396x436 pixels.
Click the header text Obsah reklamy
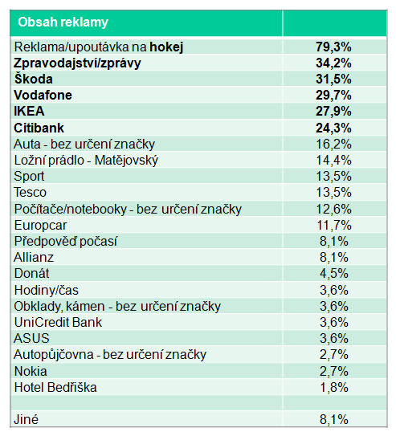[x=63, y=22]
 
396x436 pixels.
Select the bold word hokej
[x=166, y=47]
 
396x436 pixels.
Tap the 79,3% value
[x=333, y=47]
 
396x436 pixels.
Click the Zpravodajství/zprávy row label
[x=77, y=63]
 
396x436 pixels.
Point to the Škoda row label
[x=34, y=79]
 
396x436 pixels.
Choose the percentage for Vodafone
[x=333, y=95]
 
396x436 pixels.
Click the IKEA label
[x=29, y=112]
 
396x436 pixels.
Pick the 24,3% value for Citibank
[x=333, y=128]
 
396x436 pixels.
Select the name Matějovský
[x=126, y=161]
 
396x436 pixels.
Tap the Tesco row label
[x=30, y=193]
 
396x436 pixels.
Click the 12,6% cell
[x=333, y=209]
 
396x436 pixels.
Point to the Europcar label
[x=40, y=226]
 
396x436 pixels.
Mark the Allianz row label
[x=34, y=257]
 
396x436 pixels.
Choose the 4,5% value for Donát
[x=333, y=273]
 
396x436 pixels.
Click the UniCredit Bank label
[x=58, y=322]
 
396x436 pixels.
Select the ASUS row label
[x=31, y=338]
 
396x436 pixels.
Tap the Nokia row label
[x=31, y=371]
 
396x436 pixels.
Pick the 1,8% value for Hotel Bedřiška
[x=333, y=387]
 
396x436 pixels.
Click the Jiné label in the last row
[x=27, y=419]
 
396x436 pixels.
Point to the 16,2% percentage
[x=333, y=144]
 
